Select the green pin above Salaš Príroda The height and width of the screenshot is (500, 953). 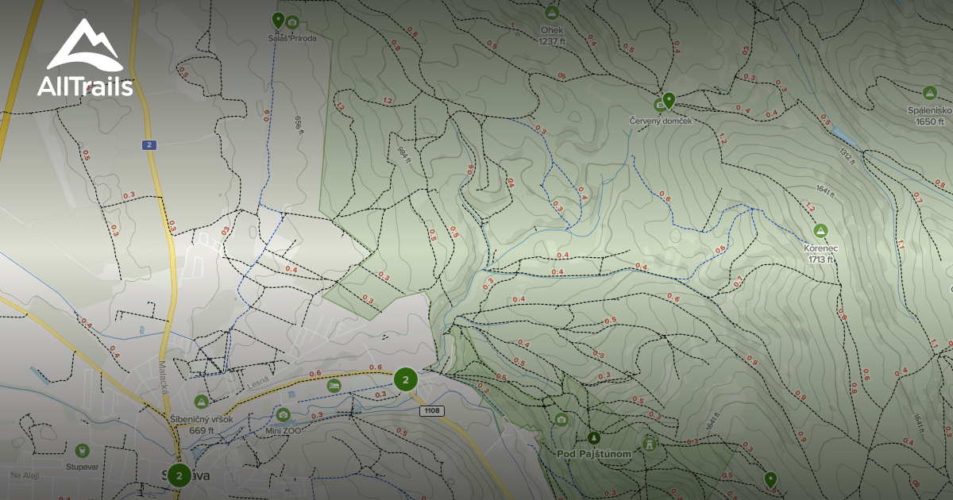278,20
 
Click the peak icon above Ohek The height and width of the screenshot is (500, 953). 552,12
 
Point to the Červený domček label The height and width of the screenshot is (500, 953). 661,120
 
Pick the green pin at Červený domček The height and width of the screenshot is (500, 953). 669,100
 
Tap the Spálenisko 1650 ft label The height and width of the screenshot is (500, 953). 929,116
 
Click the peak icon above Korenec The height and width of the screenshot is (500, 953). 820,231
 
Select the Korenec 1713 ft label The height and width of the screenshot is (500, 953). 820,253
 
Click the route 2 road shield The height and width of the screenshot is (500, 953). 149,144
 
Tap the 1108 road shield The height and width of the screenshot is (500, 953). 433,410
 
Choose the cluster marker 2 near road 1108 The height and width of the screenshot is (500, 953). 406,380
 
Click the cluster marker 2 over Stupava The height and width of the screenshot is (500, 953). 179,475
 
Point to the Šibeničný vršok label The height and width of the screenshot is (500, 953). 200,420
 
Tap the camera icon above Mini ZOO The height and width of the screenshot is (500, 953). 283,414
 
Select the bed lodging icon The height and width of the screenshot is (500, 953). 334,386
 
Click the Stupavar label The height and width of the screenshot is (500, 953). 83,467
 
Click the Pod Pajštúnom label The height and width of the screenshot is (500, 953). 594,454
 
